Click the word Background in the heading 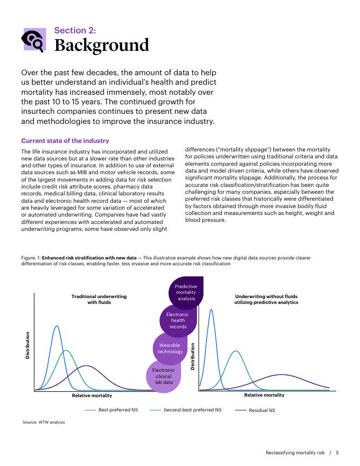tap(102, 46)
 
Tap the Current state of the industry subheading tap(65, 141)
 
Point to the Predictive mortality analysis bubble tap(186, 292)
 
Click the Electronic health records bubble tap(178, 320)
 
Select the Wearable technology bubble tap(170, 348)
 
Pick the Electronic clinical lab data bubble tap(164, 375)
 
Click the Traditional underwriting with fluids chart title tap(99, 299)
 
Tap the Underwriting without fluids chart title tap(266, 299)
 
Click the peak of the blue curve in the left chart tap(57, 326)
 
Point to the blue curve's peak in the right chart tap(211, 310)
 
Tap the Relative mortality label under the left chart tap(92, 396)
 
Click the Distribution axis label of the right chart tap(193, 356)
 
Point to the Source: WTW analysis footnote tap(43, 422)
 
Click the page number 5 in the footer tap(337, 452)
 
